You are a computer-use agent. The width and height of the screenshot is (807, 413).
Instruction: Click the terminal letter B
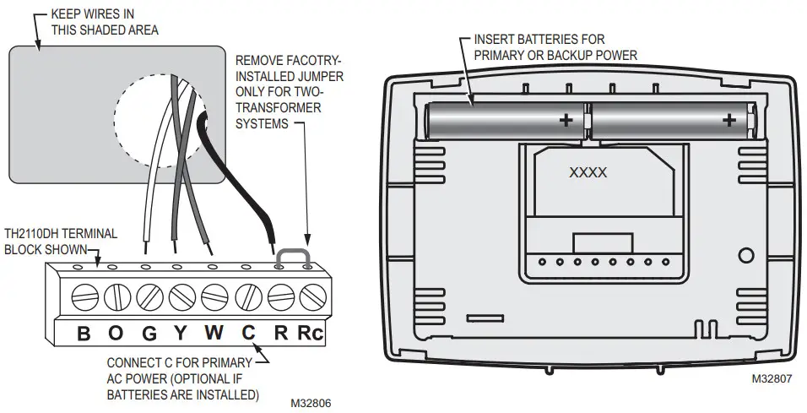coord(84,334)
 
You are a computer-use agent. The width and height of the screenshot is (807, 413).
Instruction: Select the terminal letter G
coord(149,334)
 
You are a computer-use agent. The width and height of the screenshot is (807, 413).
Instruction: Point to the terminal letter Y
coord(181,334)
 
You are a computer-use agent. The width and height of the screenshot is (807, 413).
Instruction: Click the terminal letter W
coord(214,334)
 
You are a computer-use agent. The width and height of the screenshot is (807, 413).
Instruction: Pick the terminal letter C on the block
coord(248,334)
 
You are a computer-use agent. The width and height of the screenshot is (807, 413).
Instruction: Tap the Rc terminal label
coord(310,334)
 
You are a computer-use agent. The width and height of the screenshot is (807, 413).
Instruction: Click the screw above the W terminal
coord(214,296)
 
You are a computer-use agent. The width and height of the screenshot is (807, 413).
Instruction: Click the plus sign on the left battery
coord(564,121)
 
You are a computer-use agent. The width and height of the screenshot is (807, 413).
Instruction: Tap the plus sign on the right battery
coord(728,121)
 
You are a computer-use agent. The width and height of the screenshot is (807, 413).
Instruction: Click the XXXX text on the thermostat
coord(588,171)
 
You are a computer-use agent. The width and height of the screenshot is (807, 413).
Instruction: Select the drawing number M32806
coord(311,404)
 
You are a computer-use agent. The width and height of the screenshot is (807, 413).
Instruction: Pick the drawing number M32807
coord(772,380)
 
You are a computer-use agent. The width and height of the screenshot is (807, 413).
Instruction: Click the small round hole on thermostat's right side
coord(746,255)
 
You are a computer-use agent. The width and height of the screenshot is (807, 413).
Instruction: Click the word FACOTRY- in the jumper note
coord(292,62)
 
